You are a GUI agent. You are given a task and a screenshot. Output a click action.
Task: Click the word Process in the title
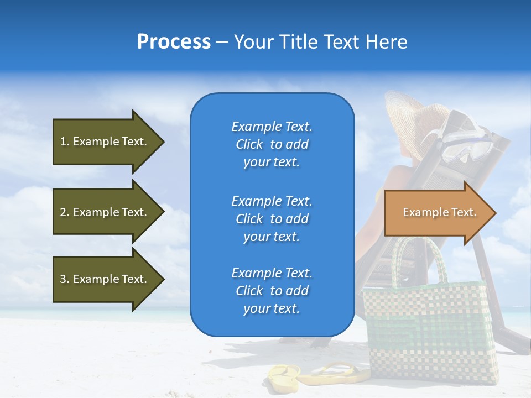pyautogui.click(x=174, y=42)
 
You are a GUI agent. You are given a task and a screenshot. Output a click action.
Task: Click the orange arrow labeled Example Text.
pyautogui.click(x=439, y=212)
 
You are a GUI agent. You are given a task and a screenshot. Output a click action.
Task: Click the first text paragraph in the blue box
pyautogui.click(x=272, y=144)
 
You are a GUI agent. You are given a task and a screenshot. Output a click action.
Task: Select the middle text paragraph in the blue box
pyautogui.click(x=272, y=219)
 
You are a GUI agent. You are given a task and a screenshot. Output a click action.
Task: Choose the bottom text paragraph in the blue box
pyautogui.click(x=272, y=291)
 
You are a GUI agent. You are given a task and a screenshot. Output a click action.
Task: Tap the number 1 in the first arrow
pyautogui.click(x=63, y=142)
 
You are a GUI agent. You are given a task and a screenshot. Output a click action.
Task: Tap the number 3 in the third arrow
pyautogui.click(x=63, y=279)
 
